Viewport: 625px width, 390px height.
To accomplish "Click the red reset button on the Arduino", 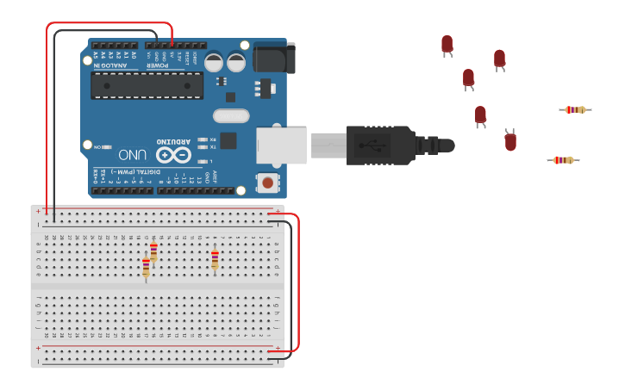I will coord(268,183).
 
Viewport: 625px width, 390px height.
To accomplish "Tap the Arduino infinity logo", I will coord(173,155).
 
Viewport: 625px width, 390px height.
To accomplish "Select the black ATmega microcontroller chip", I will coord(147,85).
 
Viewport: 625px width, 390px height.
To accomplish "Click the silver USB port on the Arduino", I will coord(282,145).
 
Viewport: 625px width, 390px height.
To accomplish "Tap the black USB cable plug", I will coord(379,145).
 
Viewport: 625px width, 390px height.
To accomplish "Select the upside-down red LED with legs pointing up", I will coord(510,139).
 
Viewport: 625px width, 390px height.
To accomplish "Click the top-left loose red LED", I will coord(447,45).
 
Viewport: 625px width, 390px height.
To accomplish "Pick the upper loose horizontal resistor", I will coord(575,109).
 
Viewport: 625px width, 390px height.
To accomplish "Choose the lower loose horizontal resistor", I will coord(563,160).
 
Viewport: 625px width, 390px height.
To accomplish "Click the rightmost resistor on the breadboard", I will coord(215,259).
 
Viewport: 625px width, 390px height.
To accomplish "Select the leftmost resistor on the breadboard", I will coord(146,269).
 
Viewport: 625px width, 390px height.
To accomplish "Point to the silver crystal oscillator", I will coord(231,115).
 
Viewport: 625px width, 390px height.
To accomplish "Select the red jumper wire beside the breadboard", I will coord(298,284).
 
